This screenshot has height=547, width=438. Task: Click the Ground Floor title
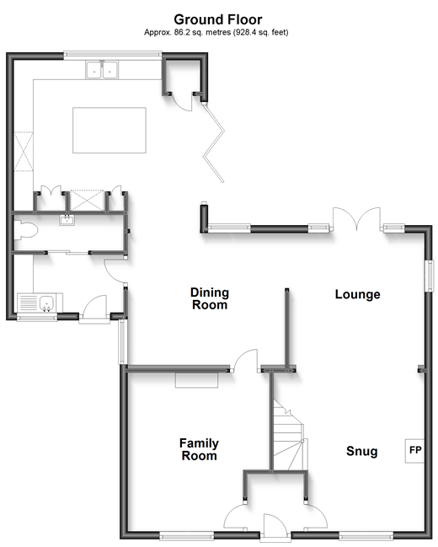point(218,19)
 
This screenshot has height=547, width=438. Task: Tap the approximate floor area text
point(216,32)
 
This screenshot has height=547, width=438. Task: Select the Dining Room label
point(210,298)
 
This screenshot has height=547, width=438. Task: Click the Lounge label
point(357,294)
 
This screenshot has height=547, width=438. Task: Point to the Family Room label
point(199,449)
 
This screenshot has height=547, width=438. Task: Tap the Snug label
point(362,451)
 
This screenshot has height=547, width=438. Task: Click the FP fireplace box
point(415,451)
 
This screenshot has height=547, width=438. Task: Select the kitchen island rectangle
point(109,130)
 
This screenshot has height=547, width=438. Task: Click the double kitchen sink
point(102,69)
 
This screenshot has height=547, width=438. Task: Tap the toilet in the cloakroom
point(25,230)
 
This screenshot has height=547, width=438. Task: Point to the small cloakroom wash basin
point(67,220)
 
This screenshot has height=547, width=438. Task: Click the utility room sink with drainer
point(40,303)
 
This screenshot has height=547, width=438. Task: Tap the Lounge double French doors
point(356,219)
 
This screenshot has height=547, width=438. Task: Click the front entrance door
point(275,528)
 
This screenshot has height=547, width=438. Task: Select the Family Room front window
point(186,535)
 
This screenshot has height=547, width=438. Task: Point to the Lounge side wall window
point(430,276)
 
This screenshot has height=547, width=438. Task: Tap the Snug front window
point(366,535)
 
